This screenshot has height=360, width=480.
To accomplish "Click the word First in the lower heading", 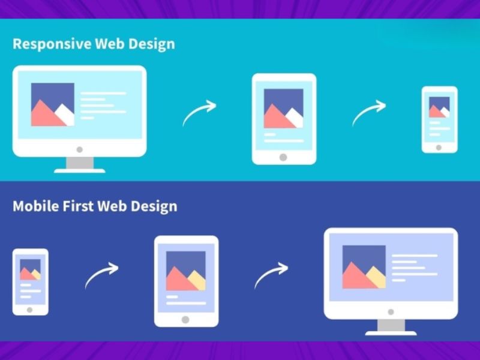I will pyautogui.click(x=79, y=206).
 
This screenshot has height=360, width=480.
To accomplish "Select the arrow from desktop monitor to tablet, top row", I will pyautogui.click(x=199, y=112).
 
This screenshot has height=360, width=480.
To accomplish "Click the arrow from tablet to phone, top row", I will pyautogui.click(x=368, y=112).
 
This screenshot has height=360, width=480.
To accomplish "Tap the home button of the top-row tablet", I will pyautogui.click(x=283, y=157).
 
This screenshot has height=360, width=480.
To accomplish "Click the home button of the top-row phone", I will pyautogui.click(x=439, y=147).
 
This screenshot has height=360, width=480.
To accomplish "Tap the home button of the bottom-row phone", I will pyautogui.click(x=29, y=310).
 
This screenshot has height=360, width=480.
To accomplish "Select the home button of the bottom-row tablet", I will pyautogui.click(x=185, y=320).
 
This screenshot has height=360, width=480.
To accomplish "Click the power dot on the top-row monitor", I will pyautogui.click(x=79, y=149).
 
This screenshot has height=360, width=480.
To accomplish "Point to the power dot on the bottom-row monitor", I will pyautogui.click(x=391, y=312).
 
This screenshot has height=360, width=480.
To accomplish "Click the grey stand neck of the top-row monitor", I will pyautogui.click(x=79, y=163).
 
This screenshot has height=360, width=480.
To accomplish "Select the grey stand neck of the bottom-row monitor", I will pyautogui.click(x=391, y=325).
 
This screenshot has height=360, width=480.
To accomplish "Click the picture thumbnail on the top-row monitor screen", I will pyautogui.click(x=53, y=104).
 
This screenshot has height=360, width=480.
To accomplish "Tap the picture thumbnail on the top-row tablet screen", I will pyautogui.click(x=284, y=109).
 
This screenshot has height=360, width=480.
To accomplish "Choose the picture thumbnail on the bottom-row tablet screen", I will pyautogui.click(x=186, y=271).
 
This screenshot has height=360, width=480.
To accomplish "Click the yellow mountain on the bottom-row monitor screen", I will pyautogui.click(x=376, y=278).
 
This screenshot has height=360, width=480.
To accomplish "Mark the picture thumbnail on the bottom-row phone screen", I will pyautogui.click(x=30, y=269).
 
